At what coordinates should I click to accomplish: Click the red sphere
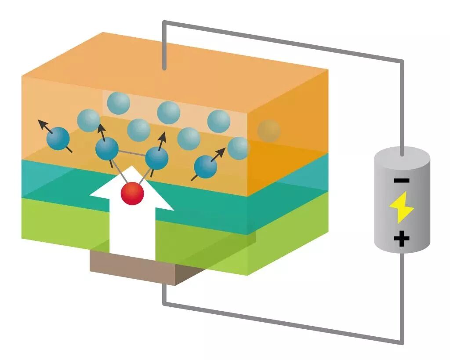[x=133, y=194]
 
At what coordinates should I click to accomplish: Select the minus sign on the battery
[x=402, y=180]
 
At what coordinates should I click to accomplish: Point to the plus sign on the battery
[x=402, y=239]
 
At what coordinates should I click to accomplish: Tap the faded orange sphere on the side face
[x=269, y=131]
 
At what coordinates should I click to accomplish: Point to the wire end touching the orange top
[x=164, y=68]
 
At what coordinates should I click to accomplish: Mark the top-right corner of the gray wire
[x=402, y=61]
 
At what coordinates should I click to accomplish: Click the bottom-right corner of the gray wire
[x=402, y=342]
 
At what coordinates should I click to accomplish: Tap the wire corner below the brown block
[x=164, y=303]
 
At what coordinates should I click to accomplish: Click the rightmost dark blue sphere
[x=205, y=167]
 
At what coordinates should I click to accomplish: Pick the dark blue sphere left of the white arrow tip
[x=107, y=149]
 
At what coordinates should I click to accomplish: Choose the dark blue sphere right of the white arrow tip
[x=157, y=158]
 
